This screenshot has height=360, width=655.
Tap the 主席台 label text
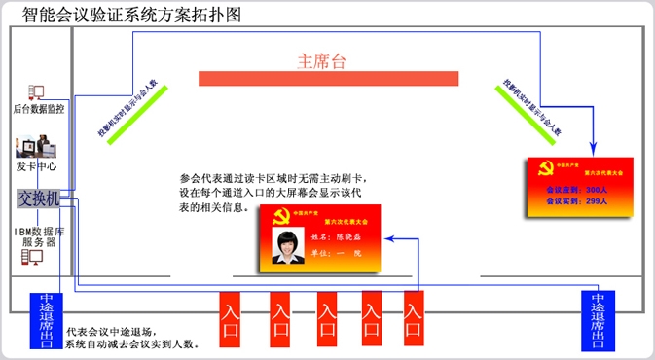pyautogui.click(x=321, y=60)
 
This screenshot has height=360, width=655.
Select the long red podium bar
pyautogui.click(x=321, y=77)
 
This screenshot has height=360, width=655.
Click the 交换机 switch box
pyautogui.click(x=39, y=198)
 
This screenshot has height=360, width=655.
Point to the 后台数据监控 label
pyautogui.click(x=39, y=109)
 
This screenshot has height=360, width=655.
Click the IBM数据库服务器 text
pyautogui.click(x=39, y=235)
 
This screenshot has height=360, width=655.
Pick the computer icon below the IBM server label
pyautogui.click(x=34, y=258)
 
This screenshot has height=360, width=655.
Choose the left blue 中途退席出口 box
pyautogui.click(x=46, y=319)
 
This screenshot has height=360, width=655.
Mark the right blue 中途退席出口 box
pyautogui.click(x=599, y=319)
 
